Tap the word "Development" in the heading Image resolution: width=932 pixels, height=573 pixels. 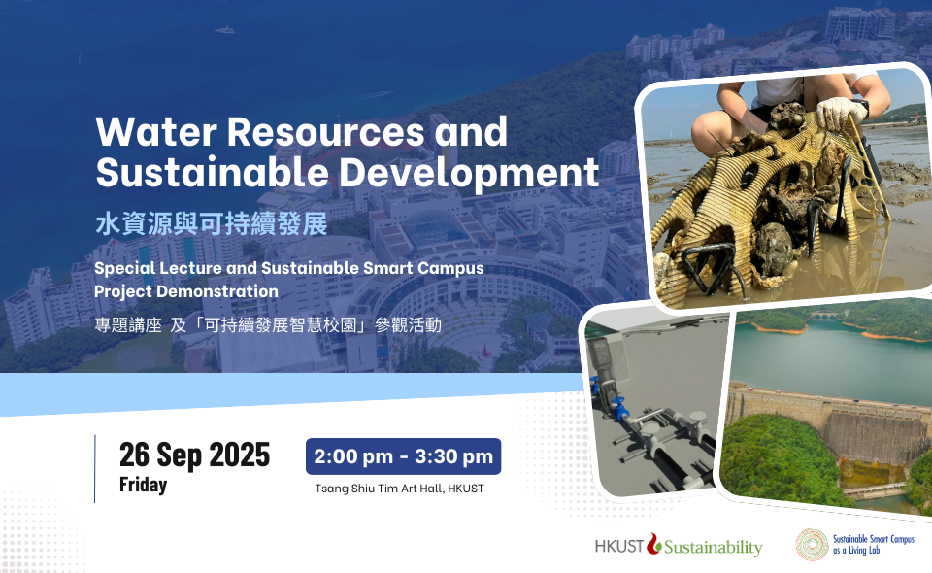469,173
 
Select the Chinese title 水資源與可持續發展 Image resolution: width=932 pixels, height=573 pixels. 212,224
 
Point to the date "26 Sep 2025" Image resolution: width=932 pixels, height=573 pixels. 194,455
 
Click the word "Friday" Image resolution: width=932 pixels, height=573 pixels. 144,485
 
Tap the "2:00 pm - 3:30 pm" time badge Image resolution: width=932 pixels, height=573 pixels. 404,456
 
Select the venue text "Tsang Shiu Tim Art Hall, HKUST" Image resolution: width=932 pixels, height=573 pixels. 399,489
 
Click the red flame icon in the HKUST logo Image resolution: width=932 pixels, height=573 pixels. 654,543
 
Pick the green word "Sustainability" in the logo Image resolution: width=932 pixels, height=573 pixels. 714,547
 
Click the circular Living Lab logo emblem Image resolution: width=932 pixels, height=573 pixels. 812,545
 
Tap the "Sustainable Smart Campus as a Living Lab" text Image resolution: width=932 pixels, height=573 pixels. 873,545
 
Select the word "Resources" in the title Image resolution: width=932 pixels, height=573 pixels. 326,131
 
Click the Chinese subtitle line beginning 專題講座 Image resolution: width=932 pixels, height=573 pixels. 268,324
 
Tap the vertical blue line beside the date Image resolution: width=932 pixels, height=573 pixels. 94,469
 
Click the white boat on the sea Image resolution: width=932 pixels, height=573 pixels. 224,30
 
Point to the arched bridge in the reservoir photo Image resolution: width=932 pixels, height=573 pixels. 827,315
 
